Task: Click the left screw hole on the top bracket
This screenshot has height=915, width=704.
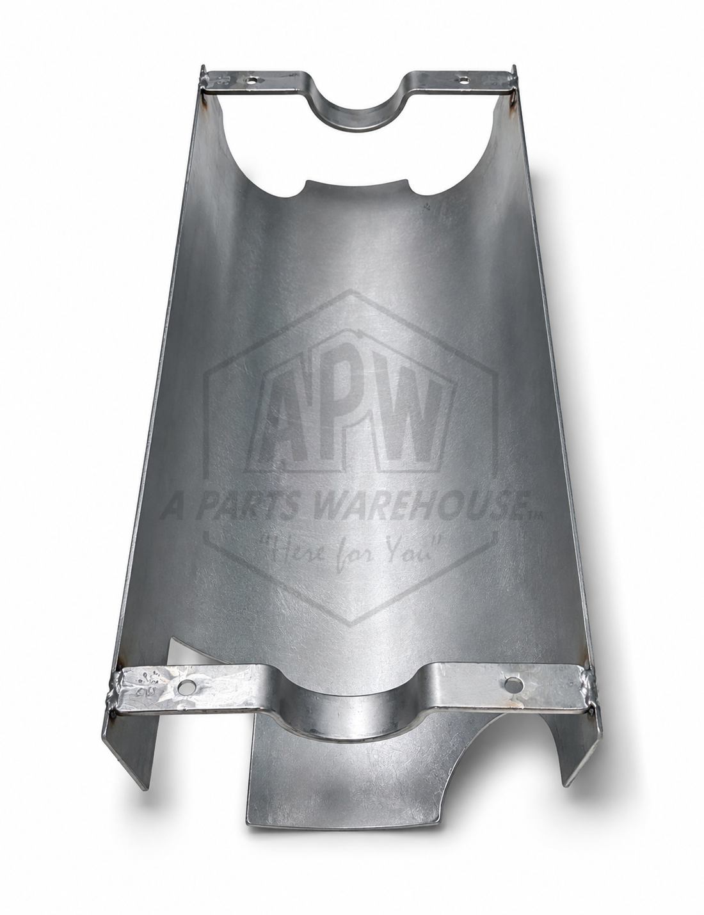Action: [251, 79]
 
